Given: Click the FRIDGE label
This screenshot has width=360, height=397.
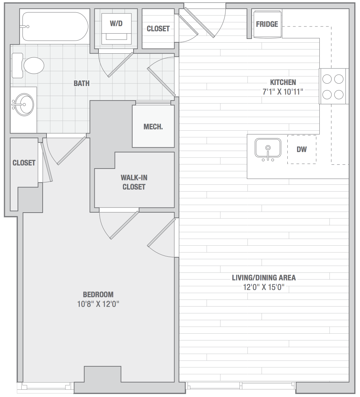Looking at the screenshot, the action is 267,24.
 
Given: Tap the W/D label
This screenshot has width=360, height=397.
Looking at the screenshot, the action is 116,23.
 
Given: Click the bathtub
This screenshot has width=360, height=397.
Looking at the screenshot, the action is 55,26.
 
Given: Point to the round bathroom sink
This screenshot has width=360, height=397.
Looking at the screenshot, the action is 23,105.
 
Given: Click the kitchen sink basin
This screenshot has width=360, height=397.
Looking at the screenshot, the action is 268,148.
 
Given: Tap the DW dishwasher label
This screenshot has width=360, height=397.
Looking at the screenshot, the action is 301,149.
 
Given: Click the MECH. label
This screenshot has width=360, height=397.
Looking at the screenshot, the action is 153,127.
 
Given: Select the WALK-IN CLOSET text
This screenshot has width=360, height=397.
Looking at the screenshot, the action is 134,182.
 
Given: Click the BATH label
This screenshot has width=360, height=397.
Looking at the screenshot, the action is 81,83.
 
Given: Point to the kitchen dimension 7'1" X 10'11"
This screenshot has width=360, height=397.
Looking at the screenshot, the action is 283,92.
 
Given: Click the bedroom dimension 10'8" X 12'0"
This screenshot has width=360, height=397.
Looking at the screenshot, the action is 98,304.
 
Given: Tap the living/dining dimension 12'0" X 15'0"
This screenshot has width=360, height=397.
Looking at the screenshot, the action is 264,287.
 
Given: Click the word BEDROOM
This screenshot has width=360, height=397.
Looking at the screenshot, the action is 98,294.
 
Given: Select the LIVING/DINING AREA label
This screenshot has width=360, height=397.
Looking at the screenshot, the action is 264,278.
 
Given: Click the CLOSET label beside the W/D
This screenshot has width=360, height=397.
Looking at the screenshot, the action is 158,29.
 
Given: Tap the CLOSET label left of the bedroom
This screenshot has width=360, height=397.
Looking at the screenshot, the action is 24,163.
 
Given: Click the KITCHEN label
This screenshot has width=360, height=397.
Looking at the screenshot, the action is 283,82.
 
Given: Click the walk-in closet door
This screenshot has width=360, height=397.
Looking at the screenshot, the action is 124,225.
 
